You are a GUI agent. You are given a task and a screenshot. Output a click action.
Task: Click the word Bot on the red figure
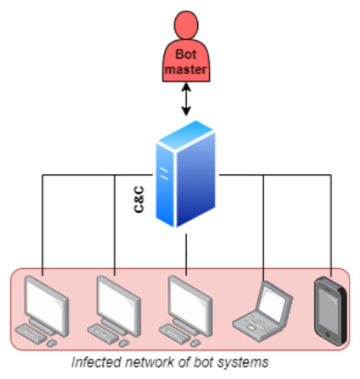[x=184, y=55]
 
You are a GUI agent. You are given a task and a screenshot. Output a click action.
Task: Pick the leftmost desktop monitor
[x=46, y=299]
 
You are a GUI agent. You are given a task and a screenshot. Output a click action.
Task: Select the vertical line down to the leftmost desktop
[x=43, y=221]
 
